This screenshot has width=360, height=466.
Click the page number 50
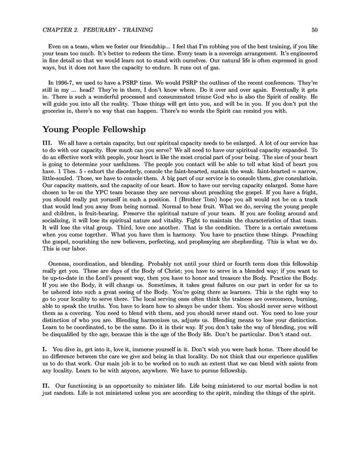pos(315,29)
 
